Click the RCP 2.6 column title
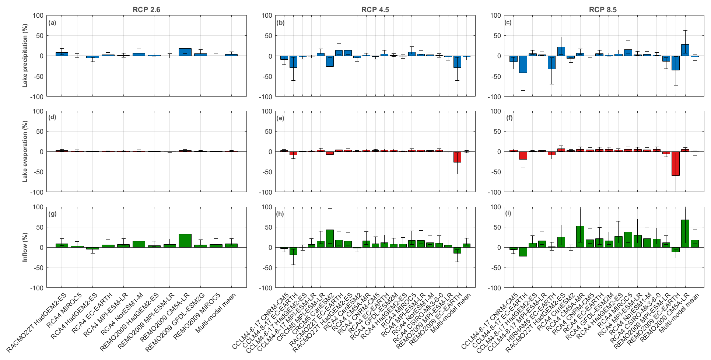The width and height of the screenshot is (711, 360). (146, 10)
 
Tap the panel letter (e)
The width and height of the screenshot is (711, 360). (281, 118)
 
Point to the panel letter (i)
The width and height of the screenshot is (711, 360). (508, 214)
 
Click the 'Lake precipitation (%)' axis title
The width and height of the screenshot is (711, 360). (25, 56)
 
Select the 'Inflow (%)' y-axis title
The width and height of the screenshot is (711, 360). (25, 247)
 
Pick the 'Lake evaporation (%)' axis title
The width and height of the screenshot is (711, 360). (25, 152)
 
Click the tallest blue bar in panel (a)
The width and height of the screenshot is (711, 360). (185, 52)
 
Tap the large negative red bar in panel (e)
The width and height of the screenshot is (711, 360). (457, 157)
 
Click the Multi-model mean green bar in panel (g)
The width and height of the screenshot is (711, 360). (231, 245)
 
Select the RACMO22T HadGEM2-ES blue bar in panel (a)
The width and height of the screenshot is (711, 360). (62, 54)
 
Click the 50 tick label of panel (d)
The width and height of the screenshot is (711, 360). (40, 132)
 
